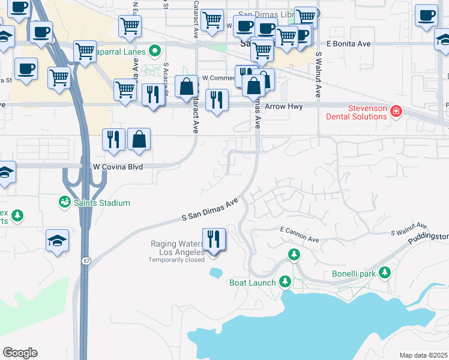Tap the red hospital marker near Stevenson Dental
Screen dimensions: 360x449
396,111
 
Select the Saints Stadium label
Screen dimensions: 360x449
102,203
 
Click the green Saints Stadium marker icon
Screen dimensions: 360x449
64,202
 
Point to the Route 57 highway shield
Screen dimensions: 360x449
86,261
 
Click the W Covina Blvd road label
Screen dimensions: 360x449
117,166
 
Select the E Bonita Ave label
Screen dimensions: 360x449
349,44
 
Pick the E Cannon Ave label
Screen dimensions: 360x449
300,234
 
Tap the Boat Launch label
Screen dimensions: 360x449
252,283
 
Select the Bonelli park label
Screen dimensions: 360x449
354,274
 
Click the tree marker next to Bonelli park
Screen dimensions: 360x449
384,273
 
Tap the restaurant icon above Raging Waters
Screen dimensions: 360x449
214,239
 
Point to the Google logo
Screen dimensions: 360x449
20,353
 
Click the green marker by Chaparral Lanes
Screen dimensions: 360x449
155,52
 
